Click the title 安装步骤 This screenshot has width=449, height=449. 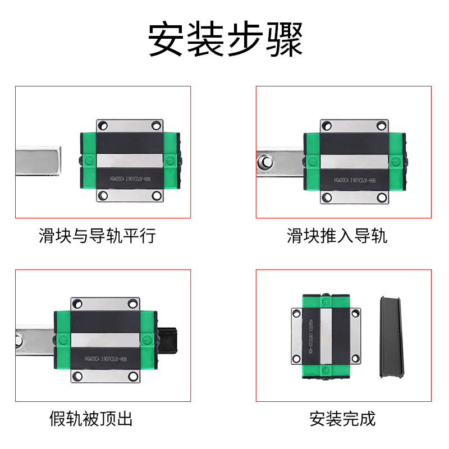pyautogui.click(x=225, y=39)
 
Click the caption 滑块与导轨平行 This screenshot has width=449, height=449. pyautogui.click(x=97, y=235)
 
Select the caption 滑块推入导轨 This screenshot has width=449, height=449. pyautogui.click(x=337, y=235)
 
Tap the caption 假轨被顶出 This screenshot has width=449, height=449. pyautogui.click(x=91, y=418)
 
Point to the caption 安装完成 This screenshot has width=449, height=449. pyautogui.click(x=342, y=418)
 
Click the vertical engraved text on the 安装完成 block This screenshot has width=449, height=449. pyautogui.click(x=312, y=337)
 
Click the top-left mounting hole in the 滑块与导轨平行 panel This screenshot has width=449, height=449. pyautogui.click(x=103, y=125)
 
